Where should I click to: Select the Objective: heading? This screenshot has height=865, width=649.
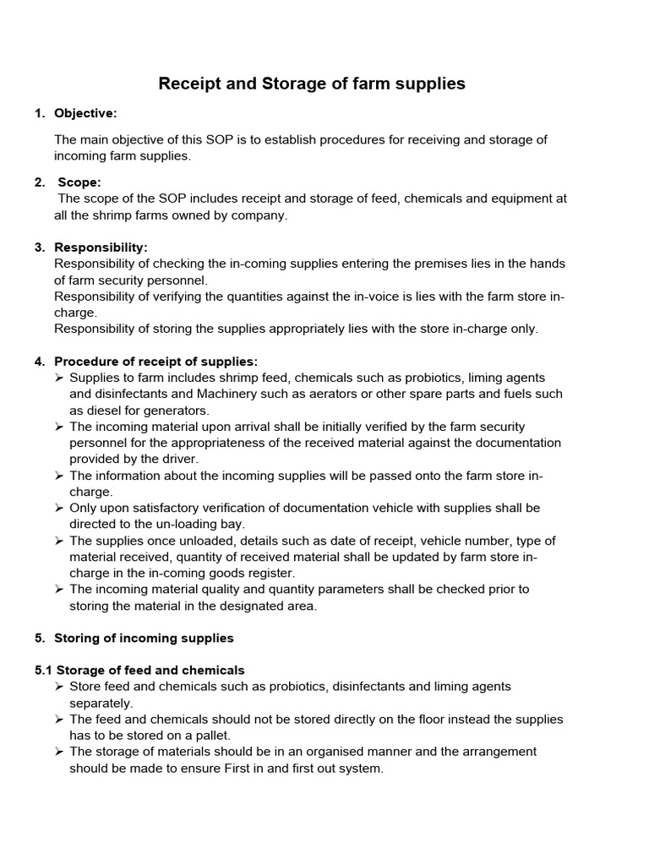click(85, 113)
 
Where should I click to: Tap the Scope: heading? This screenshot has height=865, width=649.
click(79, 182)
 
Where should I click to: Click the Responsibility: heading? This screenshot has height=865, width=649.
click(101, 247)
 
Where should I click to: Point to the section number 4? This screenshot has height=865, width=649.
click(40, 362)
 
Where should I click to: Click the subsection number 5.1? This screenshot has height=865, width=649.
click(44, 670)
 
